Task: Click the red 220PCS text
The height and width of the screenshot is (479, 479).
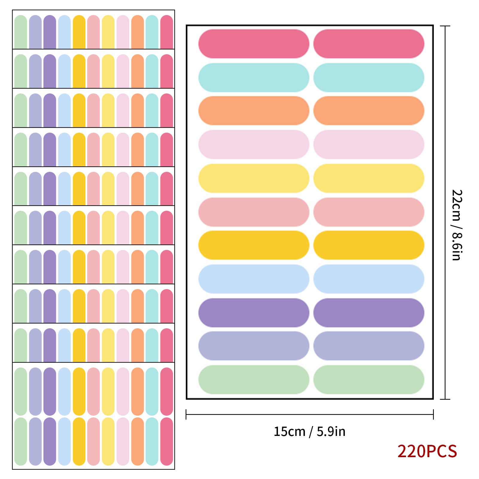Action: click(x=427, y=451)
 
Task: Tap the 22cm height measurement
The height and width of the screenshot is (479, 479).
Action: click(x=457, y=205)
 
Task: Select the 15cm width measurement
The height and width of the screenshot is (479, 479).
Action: click(x=289, y=431)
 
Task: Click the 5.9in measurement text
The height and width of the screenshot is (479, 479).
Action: click(x=331, y=431)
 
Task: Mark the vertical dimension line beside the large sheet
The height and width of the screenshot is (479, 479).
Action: click(x=445, y=212)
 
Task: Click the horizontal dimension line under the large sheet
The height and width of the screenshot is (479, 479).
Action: click(x=310, y=414)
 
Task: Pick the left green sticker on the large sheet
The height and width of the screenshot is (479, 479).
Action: click(x=254, y=379)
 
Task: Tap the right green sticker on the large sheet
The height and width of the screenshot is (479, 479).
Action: click(x=369, y=379)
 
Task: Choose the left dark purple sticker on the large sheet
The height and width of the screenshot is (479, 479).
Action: click(x=254, y=312)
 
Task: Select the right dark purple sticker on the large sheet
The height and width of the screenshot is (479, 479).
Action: click(x=369, y=312)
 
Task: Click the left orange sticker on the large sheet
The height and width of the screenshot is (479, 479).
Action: click(x=254, y=110)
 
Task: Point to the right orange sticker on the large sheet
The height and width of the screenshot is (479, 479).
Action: click(x=369, y=110)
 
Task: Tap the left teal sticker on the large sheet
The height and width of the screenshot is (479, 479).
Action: click(x=254, y=77)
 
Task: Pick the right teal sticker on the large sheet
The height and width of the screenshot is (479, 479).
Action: click(x=369, y=77)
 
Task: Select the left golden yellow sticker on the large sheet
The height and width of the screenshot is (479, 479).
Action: click(x=254, y=245)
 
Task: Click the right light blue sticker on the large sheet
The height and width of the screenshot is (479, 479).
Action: click(x=369, y=279)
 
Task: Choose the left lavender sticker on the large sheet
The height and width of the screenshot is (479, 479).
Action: click(x=254, y=346)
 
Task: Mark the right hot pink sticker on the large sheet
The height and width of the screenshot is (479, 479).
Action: click(x=369, y=44)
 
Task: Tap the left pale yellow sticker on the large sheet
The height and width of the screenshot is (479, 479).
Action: click(x=254, y=178)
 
